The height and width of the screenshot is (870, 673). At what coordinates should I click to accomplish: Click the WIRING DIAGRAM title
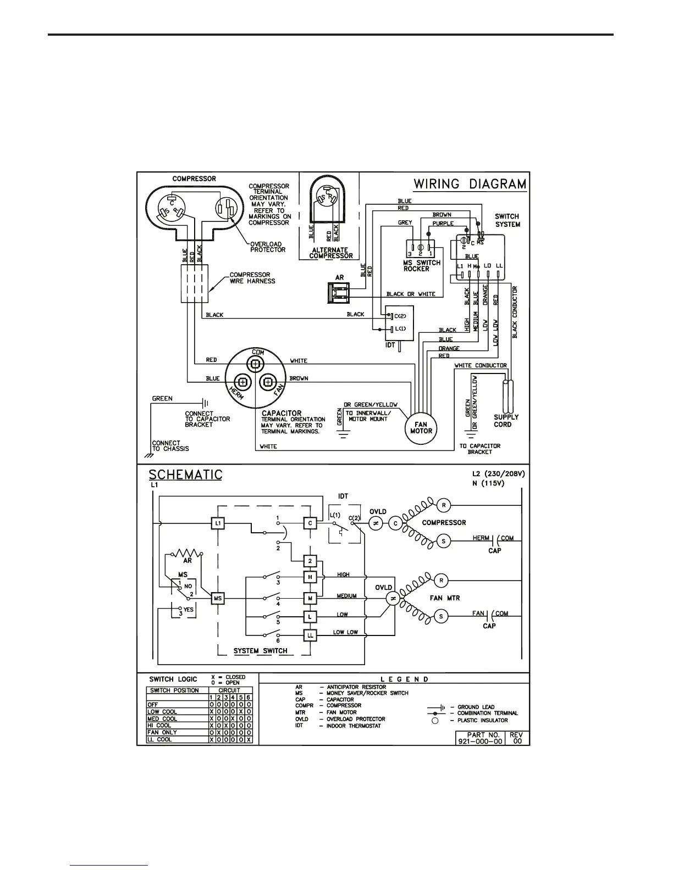pyautogui.click(x=470, y=184)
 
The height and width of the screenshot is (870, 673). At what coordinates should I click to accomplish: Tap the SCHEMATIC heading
pyautogui.click(x=185, y=474)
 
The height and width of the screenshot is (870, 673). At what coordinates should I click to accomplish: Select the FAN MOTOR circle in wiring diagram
pyautogui.click(x=421, y=427)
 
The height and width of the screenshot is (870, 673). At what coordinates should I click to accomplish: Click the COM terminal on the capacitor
pyautogui.click(x=255, y=363)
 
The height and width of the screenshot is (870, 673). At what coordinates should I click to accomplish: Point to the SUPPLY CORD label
pyautogui.click(x=505, y=421)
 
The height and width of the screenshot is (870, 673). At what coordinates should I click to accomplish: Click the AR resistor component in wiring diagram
pyautogui.click(x=339, y=293)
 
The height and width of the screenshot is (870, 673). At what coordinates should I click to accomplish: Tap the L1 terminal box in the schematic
pyautogui.click(x=218, y=523)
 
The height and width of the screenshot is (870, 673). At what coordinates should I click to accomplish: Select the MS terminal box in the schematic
pyautogui.click(x=218, y=598)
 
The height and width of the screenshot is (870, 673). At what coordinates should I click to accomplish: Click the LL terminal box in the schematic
pyautogui.click(x=310, y=635)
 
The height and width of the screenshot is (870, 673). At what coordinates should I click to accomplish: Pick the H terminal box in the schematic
pyautogui.click(x=310, y=577)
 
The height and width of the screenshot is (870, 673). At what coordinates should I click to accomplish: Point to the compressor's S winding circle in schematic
pyautogui.click(x=443, y=541)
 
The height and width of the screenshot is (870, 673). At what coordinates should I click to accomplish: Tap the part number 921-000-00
pyautogui.click(x=479, y=741)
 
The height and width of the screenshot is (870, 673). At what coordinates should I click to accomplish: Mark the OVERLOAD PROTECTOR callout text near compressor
pyautogui.click(x=268, y=247)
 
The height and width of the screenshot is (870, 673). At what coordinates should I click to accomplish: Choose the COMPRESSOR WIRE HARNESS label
pyautogui.click(x=252, y=278)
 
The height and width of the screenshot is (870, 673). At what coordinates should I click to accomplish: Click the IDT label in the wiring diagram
pyautogui.click(x=390, y=345)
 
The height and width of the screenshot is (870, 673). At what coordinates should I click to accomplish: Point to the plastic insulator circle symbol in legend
pyautogui.click(x=434, y=721)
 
